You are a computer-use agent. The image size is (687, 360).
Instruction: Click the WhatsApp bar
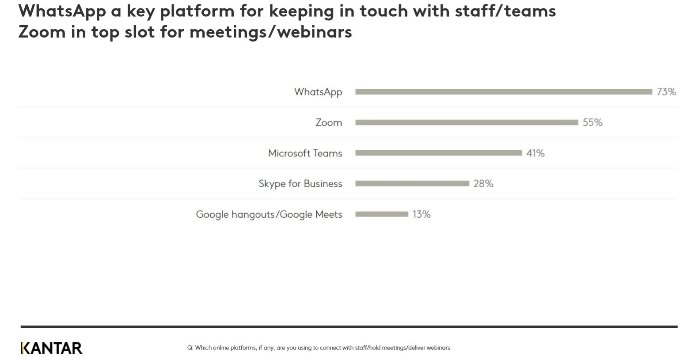pyautogui.click(x=504, y=92)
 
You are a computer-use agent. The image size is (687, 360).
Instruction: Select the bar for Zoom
pyautogui.click(x=467, y=122)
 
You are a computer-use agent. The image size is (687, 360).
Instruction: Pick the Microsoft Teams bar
pyautogui.click(x=438, y=153)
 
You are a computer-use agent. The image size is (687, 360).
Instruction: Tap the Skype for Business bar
pyautogui.click(x=412, y=184)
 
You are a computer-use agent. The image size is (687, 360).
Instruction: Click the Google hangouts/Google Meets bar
pyautogui.click(x=382, y=214)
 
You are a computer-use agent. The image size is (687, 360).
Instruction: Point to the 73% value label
pyautogui.click(x=666, y=92)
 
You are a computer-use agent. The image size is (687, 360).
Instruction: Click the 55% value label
pyautogui.click(x=592, y=122)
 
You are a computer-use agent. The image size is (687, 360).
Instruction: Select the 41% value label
pyautogui.click(x=535, y=153)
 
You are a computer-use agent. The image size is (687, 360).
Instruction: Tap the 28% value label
pyautogui.click(x=483, y=184)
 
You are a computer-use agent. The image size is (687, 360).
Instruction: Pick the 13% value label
pyautogui.click(x=421, y=214)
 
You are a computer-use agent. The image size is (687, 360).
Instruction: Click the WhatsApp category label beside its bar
pyautogui.click(x=318, y=92)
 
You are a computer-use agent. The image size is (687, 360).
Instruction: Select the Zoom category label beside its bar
pyautogui.click(x=329, y=122)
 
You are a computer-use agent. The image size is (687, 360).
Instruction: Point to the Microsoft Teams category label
pyautogui.click(x=305, y=153)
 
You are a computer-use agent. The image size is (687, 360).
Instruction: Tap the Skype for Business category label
pyautogui.click(x=300, y=184)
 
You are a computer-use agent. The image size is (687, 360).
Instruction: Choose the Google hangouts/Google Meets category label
pyautogui.click(x=269, y=215)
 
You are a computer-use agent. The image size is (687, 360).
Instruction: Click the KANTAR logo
pyautogui.click(x=51, y=348)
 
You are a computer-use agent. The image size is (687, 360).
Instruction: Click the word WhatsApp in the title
pyautogui.click(x=62, y=11)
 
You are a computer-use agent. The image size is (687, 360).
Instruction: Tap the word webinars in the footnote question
pyautogui.click(x=439, y=348)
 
